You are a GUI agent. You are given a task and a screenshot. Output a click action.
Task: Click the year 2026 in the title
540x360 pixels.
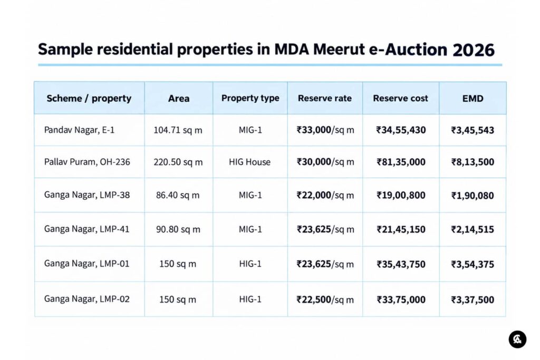click(x=474, y=50)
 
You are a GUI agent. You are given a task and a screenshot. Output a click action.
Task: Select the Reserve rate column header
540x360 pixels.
click(x=325, y=99)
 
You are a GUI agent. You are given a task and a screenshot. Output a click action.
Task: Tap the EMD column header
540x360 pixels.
click(x=473, y=99)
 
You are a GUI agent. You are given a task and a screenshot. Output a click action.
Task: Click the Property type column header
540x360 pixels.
click(x=250, y=99)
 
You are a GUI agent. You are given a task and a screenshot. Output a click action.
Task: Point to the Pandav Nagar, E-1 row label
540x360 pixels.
click(x=79, y=130)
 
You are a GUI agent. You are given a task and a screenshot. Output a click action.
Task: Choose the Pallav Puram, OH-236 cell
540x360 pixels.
click(x=87, y=162)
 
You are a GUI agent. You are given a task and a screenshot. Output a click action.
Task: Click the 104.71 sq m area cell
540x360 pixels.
click(x=178, y=130)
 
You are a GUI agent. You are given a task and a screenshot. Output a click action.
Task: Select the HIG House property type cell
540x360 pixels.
click(x=249, y=162)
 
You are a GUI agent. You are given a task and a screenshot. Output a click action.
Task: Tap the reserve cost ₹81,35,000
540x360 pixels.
click(x=401, y=162)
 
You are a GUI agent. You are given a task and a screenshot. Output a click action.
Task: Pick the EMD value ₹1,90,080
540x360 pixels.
click(x=472, y=196)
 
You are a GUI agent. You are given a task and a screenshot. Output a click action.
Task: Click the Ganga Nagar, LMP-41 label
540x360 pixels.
click(x=87, y=229)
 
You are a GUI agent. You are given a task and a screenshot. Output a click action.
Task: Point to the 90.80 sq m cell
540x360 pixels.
click(x=178, y=230)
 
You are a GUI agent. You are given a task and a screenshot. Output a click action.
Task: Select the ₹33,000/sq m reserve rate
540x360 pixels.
click(x=325, y=130)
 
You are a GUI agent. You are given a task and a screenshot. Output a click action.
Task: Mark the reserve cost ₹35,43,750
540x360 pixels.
click(x=401, y=264)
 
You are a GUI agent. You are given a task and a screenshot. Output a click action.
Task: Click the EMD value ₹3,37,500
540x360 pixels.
click(x=472, y=300)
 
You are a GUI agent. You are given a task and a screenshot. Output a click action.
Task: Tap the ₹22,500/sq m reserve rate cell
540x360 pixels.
click(x=325, y=300)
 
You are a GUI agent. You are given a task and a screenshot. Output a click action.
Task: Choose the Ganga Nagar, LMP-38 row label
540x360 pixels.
click(x=87, y=195)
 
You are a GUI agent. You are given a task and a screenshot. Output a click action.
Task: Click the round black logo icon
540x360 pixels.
click(x=518, y=339)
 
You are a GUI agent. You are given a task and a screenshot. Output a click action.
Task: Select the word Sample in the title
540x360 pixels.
click(x=65, y=50)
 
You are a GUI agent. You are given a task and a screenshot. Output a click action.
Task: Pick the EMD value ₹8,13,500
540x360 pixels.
click(x=472, y=162)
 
